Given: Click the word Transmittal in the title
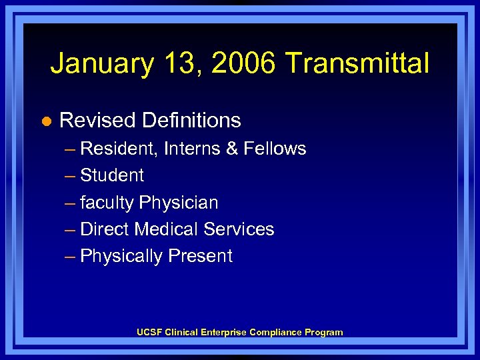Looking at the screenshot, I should pyautogui.click(x=357, y=64).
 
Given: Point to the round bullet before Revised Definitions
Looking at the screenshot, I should pyautogui.click(x=45, y=121).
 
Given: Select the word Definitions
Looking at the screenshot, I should pyautogui.click(x=191, y=121).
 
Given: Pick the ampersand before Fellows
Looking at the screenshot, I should pyautogui.click(x=232, y=149).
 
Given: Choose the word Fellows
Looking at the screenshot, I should pyautogui.click(x=275, y=149).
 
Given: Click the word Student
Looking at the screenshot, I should pyautogui.click(x=111, y=175).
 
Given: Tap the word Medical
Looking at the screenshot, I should pyautogui.click(x=167, y=229).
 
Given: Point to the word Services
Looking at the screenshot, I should pyautogui.click(x=239, y=229).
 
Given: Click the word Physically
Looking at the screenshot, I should pyautogui.click(x=121, y=257).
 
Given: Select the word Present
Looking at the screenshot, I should pyautogui.click(x=200, y=256).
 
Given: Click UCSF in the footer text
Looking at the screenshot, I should pyautogui.click(x=149, y=332).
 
